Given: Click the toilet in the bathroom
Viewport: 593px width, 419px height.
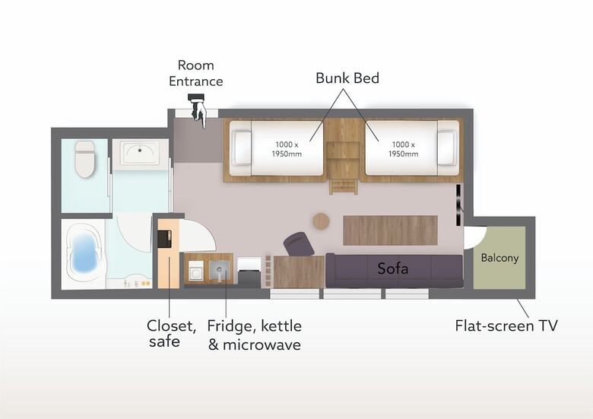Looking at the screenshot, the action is [x=84, y=159].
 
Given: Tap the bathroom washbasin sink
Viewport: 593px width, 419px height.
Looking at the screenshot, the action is [x=140, y=153].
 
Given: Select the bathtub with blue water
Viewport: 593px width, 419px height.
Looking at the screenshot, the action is [x=84, y=252].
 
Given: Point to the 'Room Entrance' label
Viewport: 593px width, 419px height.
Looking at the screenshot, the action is [x=196, y=73].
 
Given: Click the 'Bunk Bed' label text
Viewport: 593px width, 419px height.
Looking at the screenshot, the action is [x=347, y=78].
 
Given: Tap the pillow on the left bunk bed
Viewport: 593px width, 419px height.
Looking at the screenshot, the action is [x=241, y=148].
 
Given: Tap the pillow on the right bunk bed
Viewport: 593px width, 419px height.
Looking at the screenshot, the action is [x=447, y=148].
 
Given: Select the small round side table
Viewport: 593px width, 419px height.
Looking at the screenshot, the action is [x=321, y=221].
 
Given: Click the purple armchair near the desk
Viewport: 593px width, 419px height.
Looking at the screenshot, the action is [x=299, y=244].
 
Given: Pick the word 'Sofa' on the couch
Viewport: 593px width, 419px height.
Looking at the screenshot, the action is [x=392, y=268].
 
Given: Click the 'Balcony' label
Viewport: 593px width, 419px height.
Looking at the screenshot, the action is [x=499, y=258].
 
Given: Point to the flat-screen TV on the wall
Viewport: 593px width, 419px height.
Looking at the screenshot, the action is [x=458, y=205].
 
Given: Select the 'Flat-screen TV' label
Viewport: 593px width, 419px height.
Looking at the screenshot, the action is [x=506, y=325].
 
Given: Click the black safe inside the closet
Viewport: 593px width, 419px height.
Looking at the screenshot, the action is [x=164, y=239].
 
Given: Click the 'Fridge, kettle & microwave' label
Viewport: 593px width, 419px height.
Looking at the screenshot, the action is [x=255, y=335].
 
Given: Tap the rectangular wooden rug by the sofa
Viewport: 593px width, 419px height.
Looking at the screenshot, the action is [x=390, y=230].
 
